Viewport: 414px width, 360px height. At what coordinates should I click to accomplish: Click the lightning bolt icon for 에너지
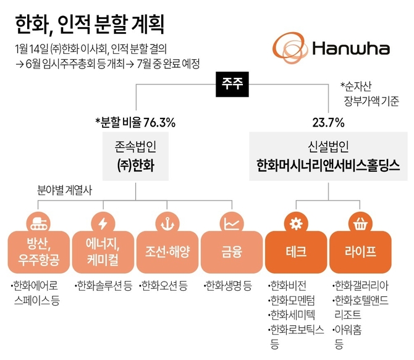coord(102,221)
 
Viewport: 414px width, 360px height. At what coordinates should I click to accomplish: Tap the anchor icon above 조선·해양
coord(166,221)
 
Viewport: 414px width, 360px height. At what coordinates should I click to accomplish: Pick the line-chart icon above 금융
coord(231,221)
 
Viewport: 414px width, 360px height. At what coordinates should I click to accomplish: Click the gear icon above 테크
coord(295,221)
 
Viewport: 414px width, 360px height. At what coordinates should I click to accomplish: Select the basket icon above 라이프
coord(360,221)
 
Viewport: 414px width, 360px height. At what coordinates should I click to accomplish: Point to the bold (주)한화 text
coord(135,166)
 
